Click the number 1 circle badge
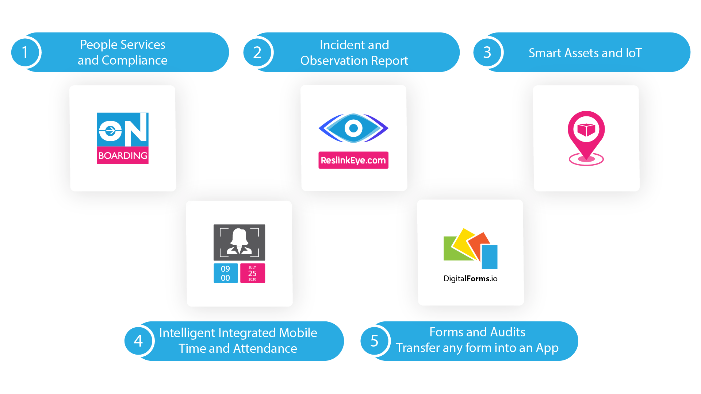pos(25,53)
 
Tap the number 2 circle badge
pos(257,53)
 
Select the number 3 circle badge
pos(487,53)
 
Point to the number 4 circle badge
pos(138,341)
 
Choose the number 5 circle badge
pos(374,341)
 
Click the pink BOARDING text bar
pos(123,156)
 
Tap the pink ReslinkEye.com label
pos(353,160)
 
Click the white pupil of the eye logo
pos(353,128)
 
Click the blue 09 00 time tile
pos(226,273)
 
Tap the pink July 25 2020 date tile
pos(252,273)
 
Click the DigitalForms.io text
pos(470,279)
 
